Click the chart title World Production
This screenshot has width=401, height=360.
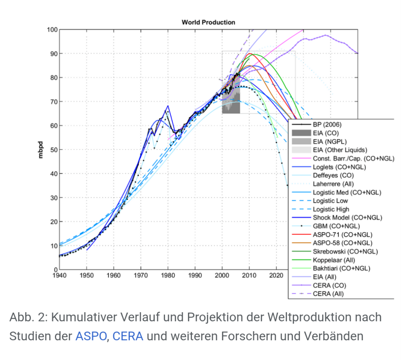coord(208,22)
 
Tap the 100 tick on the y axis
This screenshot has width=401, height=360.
coord(52,30)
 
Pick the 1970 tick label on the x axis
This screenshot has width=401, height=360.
coord(141,274)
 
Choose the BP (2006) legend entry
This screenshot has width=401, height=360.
coord(327,124)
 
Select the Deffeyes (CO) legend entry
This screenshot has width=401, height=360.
coord(333,175)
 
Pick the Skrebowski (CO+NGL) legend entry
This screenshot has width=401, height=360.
coord(345,252)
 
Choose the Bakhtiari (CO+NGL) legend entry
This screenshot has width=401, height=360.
coord(341,269)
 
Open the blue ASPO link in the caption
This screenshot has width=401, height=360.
coord(91,336)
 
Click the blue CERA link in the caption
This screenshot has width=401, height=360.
coord(127,336)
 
